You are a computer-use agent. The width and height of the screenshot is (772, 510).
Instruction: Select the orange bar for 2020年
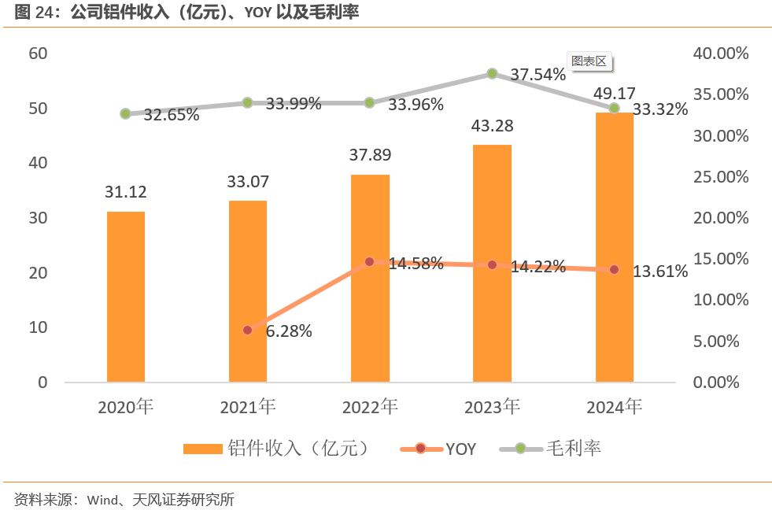point(126,297)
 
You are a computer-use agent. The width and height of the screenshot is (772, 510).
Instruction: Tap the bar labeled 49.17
point(614,247)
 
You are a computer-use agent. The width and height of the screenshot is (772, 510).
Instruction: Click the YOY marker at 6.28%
point(247,331)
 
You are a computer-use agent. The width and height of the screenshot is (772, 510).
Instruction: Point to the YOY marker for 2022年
point(370,262)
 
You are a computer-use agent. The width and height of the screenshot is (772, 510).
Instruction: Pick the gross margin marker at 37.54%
point(492,73)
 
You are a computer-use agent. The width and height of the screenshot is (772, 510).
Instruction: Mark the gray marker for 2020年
point(125,114)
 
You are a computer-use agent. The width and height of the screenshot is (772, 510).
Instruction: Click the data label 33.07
point(247,182)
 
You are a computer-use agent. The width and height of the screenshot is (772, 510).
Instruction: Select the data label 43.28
point(492,126)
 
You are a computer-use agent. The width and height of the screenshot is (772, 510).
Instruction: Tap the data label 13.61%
point(660,272)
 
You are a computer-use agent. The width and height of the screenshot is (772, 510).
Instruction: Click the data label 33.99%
point(293,103)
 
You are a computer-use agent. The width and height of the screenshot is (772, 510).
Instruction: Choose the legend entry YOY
point(460,449)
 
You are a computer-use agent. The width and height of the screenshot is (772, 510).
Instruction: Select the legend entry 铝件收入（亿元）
point(298,449)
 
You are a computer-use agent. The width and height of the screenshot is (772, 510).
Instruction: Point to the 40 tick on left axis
point(39,163)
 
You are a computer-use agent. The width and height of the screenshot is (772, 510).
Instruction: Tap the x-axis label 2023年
point(492,407)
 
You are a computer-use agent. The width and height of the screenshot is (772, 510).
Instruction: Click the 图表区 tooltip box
point(589,61)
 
